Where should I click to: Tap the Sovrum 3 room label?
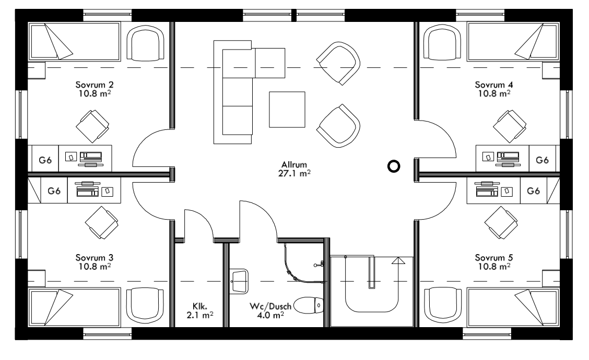[x=94, y=258]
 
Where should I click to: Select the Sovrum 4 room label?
[x=493, y=85]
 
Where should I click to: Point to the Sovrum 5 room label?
[x=493, y=258]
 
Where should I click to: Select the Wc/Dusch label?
[x=267, y=306]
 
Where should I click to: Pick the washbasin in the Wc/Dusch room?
[x=238, y=281]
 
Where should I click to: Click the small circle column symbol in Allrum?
[x=394, y=166]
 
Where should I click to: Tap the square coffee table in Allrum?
[x=287, y=110]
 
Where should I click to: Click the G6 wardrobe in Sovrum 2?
[x=43, y=159]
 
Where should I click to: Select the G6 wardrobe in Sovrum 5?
[x=533, y=191]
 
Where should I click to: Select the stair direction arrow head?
[x=399, y=260]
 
